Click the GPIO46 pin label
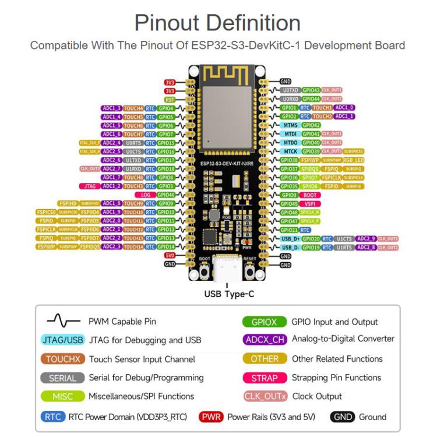click(167, 195)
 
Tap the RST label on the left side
click(170, 100)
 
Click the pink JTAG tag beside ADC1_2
click(89, 186)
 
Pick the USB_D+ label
click(289, 238)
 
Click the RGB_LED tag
click(354, 160)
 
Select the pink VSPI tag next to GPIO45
click(311, 203)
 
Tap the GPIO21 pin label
click(289, 230)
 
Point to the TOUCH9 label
click(133, 203)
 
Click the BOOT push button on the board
click(205, 272)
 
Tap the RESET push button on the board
click(249, 272)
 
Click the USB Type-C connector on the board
click(227, 269)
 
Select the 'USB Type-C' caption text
click(228, 294)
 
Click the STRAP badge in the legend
click(265, 378)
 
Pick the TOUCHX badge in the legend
click(63, 360)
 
